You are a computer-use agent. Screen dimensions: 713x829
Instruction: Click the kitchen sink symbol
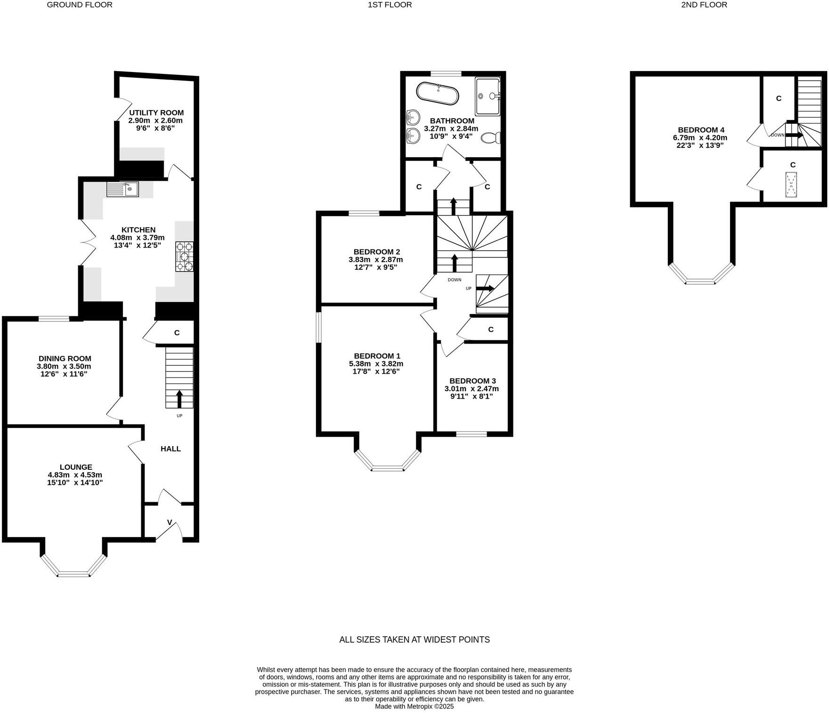click(x=123, y=189)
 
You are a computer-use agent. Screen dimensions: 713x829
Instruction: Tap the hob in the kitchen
click(x=184, y=256)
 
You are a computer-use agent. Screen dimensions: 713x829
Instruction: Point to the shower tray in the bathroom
click(x=488, y=96)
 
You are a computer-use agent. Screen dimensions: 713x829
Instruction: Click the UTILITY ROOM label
click(x=156, y=113)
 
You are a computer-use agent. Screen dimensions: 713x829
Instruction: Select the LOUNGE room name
click(x=76, y=467)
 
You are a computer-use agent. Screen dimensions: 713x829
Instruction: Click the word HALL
click(x=171, y=449)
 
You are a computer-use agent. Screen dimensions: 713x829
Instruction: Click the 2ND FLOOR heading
click(x=704, y=5)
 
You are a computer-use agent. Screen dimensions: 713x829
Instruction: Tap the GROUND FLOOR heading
click(x=80, y=5)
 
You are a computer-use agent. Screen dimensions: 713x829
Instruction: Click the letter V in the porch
click(x=170, y=522)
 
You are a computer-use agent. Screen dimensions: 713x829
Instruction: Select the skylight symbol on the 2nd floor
click(x=791, y=185)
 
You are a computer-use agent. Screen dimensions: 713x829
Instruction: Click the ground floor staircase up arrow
click(x=179, y=399)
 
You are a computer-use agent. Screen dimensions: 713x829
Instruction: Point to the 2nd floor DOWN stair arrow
click(x=794, y=135)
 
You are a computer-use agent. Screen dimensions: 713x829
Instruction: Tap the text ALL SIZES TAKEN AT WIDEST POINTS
click(x=414, y=640)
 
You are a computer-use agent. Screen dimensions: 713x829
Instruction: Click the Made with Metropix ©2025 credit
click(x=414, y=706)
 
